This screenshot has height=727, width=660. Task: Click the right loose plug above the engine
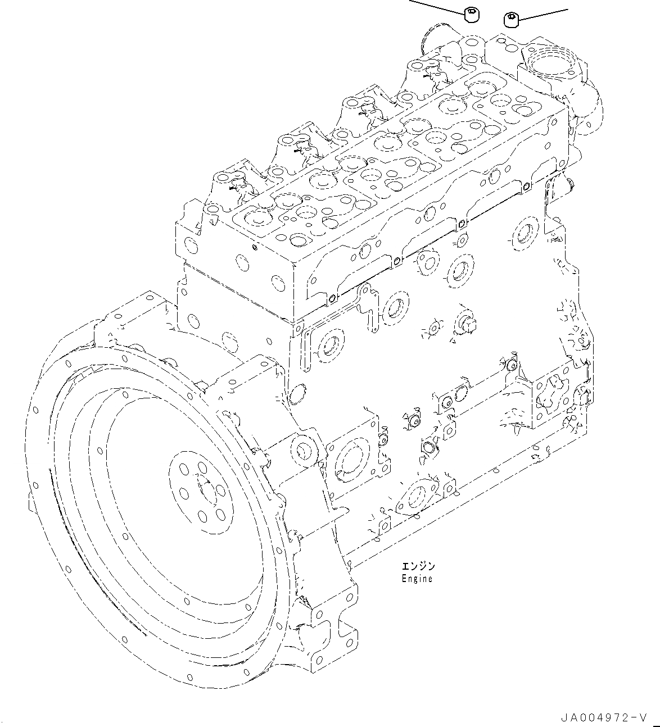[x=510, y=20]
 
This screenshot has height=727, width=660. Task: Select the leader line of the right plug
[x=543, y=15]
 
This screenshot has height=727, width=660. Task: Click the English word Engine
[x=417, y=579]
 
